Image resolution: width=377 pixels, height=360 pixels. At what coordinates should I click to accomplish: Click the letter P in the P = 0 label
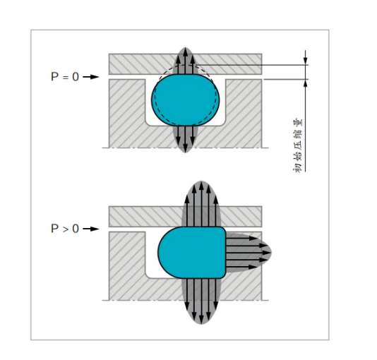pos(54,77)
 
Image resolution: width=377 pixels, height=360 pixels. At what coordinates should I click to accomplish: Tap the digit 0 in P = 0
pos(76,77)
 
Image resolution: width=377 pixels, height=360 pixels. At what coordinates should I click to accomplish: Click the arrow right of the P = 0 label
pos(91,77)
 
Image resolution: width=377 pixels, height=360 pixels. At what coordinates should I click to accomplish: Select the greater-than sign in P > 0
pos(66,229)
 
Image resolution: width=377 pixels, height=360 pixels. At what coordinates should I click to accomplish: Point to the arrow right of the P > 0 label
pos(91,229)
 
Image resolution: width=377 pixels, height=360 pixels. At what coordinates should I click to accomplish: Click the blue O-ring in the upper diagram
pos(186,100)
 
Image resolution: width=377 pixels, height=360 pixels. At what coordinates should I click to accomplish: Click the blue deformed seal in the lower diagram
pos(192,252)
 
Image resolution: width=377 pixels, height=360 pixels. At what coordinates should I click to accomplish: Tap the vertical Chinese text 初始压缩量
pos(299,145)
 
